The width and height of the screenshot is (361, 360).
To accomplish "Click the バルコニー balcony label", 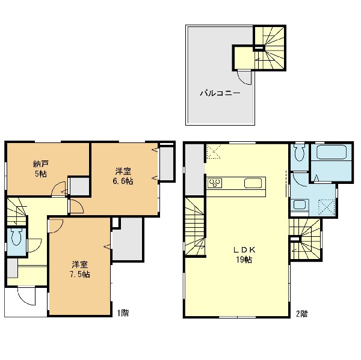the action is pyautogui.click(x=220, y=93).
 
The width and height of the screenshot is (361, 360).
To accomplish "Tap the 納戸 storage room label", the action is pyautogui.click(x=40, y=164).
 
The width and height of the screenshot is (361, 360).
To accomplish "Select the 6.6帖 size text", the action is pyautogui.click(x=123, y=182).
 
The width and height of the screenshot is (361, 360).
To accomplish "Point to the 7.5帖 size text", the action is pyautogui.click(x=80, y=275).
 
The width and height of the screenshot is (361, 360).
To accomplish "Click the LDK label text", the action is pyautogui.click(x=244, y=249).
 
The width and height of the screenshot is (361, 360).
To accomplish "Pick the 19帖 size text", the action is pyautogui.click(x=244, y=260).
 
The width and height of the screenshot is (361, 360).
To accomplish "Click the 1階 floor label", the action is pyautogui.click(x=123, y=313).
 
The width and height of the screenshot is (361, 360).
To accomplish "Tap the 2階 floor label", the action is pyautogui.click(x=301, y=314).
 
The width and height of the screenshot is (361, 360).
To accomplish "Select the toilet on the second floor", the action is pyautogui.click(x=299, y=153).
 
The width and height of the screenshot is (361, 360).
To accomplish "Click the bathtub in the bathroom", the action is pyautogui.click(x=332, y=152).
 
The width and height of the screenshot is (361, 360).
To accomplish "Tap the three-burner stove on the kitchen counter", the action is pyautogui.click(x=215, y=183).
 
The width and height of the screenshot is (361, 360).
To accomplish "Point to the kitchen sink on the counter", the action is pyautogui.click(x=253, y=183).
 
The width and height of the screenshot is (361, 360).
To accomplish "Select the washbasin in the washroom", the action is pyautogui.click(x=300, y=205).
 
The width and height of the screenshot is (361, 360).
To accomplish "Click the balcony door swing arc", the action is pyautogui.click(x=245, y=78).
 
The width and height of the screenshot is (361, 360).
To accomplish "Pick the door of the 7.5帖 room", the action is pyautogui.click(x=55, y=226).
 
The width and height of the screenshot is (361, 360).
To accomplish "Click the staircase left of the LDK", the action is pyautogui.click(x=195, y=227).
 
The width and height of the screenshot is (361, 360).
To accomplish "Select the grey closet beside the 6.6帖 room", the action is pyautogui.click(x=167, y=163).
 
